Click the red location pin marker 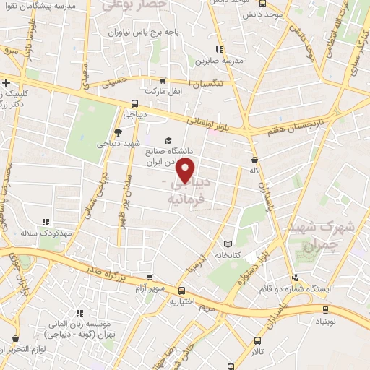coord(186,170)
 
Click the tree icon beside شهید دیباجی coord(119,132)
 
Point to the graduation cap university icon coord(168,140)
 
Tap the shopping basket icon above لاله coord(254,160)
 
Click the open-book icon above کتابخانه coord(230,244)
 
